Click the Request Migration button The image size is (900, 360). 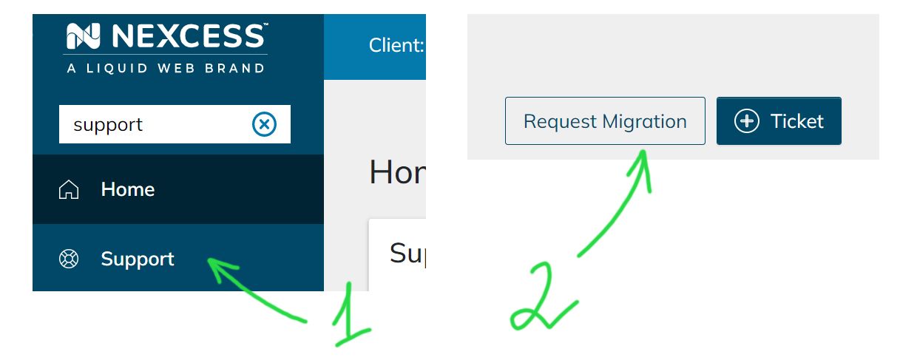coord(605,121)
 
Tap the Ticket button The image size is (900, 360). coord(779,121)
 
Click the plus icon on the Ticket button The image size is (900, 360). coord(746,121)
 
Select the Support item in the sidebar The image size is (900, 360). coord(138,259)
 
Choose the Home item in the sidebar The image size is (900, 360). coord(127,190)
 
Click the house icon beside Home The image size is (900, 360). coord(69,190)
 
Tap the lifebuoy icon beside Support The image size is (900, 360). coord(69,259)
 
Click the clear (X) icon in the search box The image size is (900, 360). coord(264,124)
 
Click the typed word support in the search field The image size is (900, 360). coord(108,125)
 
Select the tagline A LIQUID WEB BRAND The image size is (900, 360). coord(166,68)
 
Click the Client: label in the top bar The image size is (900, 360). coord(396,46)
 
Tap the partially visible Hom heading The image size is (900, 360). coord(397,172)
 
